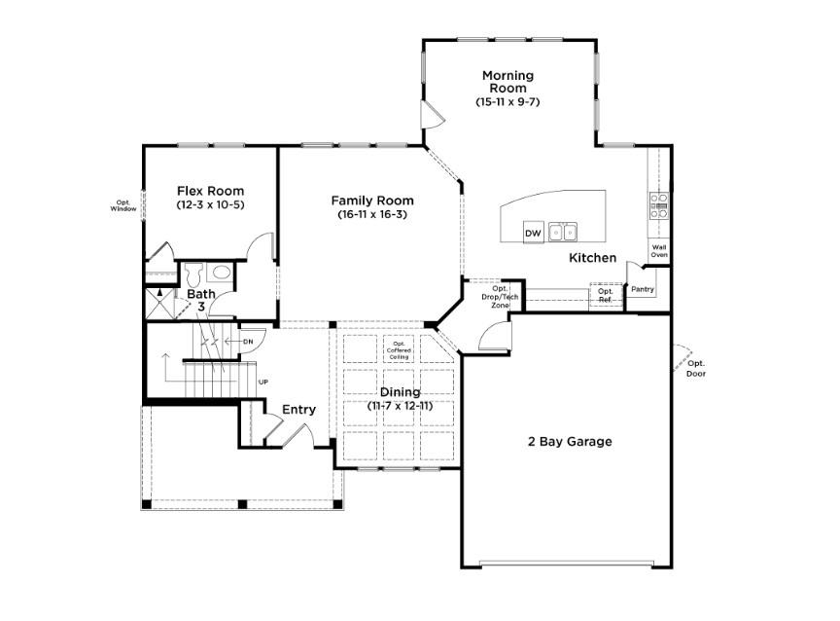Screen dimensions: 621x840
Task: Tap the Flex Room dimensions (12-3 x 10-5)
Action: [210, 205]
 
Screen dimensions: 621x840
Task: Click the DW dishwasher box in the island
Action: [533, 234]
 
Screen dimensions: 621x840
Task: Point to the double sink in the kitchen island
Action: [562, 232]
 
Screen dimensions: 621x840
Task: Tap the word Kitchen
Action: [593, 258]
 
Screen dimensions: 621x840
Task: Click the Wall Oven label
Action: [659, 252]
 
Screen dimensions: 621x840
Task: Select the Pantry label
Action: [642, 289]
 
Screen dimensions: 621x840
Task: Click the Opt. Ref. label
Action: [605, 295]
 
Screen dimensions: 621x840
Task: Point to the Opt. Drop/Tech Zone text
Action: [500, 297]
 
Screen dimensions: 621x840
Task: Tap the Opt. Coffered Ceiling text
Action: [400, 350]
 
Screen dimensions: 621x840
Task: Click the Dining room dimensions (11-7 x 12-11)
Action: [400, 405]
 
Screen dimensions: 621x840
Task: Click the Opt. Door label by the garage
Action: [696, 368]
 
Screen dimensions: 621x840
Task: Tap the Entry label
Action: [298, 410]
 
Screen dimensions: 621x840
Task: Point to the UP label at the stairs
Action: [263, 383]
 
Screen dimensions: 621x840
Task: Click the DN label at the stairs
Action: [248, 342]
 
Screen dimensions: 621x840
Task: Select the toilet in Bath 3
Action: [192, 272]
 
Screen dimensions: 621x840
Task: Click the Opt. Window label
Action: [123, 205]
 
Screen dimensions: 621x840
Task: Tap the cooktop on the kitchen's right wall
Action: [659, 202]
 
